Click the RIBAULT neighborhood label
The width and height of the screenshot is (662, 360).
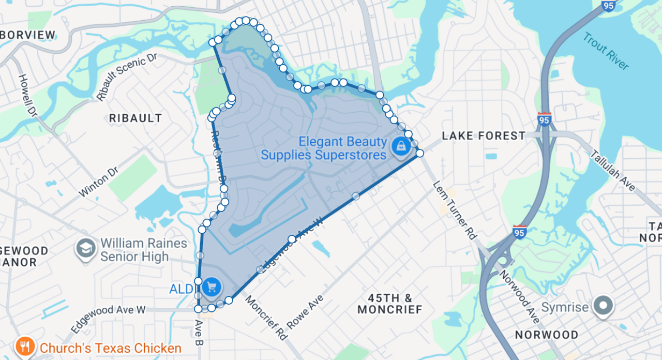(136, 118)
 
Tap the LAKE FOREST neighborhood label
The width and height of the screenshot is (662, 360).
(484, 136)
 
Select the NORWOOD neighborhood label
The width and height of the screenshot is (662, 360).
(546, 335)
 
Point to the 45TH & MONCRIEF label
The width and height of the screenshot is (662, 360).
(390, 304)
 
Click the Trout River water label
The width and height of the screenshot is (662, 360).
(606, 51)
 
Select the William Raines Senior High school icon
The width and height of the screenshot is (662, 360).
(86, 249)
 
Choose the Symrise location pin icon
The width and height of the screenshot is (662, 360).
(603, 307)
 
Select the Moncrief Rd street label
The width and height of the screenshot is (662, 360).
(266, 317)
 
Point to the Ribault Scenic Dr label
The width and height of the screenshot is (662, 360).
(126, 77)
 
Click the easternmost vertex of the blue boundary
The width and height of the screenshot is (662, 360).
(419, 153)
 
